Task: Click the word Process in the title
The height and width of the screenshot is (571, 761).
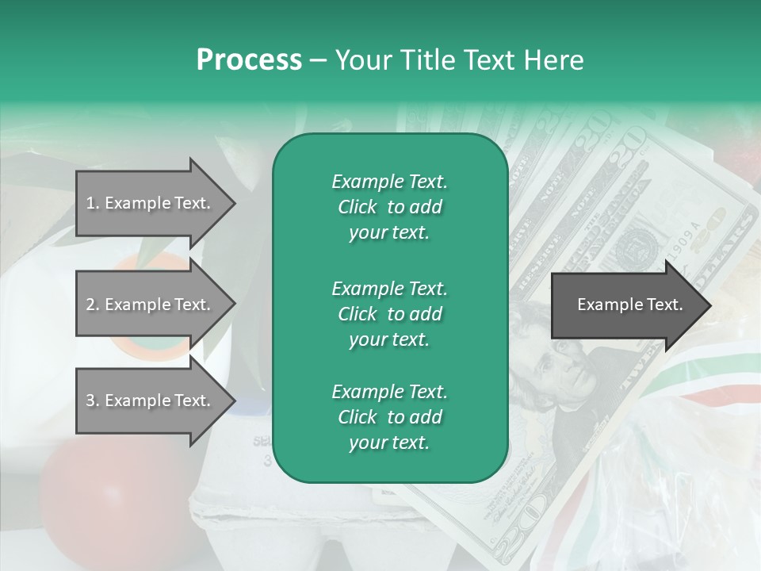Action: (x=249, y=60)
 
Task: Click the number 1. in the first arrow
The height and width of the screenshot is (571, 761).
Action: (x=92, y=203)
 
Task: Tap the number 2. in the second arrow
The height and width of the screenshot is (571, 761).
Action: (x=92, y=305)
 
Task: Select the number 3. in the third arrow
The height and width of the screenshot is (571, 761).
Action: (x=92, y=400)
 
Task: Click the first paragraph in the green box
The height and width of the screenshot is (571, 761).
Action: (x=389, y=207)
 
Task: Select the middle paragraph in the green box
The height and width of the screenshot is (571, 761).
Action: (x=389, y=313)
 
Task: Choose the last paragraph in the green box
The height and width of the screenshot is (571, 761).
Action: (x=389, y=417)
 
